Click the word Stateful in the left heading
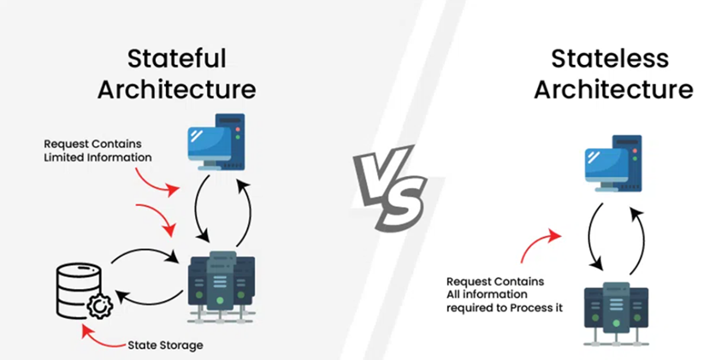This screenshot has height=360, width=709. [176, 59]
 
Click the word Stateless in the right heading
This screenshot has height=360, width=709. [610, 59]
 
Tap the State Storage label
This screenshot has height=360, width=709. [165, 345]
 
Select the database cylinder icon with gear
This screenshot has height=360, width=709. [84, 292]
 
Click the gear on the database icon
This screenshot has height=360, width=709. [100, 307]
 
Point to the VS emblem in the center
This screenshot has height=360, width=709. [390, 186]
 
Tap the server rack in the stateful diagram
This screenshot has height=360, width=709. [222, 287]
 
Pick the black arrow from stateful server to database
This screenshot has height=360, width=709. [149, 299]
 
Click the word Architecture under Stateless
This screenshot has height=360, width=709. [613, 89]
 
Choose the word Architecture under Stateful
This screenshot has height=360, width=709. [177, 89]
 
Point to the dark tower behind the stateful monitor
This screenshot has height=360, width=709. [231, 142]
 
